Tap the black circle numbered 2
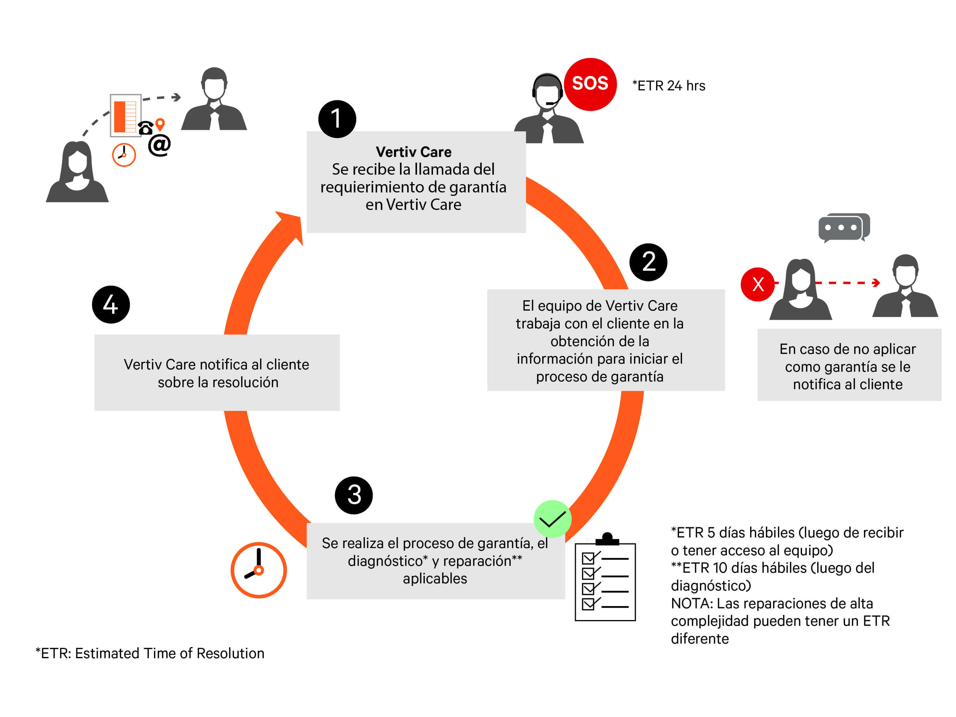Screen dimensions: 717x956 click(x=648, y=262)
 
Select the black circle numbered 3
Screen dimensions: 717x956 click(x=354, y=495)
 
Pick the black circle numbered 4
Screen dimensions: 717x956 click(x=111, y=304)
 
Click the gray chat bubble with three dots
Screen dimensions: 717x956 click(x=843, y=227)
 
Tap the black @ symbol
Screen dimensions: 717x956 click(x=159, y=145)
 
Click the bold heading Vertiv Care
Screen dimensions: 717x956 click(x=413, y=152)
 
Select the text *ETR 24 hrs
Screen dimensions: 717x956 click(x=669, y=85)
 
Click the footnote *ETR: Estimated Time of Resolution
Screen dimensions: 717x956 click(x=150, y=653)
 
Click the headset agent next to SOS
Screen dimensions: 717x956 click(x=548, y=110)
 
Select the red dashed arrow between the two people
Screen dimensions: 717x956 click(x=847, y=283)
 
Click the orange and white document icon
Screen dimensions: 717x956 click(x=125, y=115)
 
